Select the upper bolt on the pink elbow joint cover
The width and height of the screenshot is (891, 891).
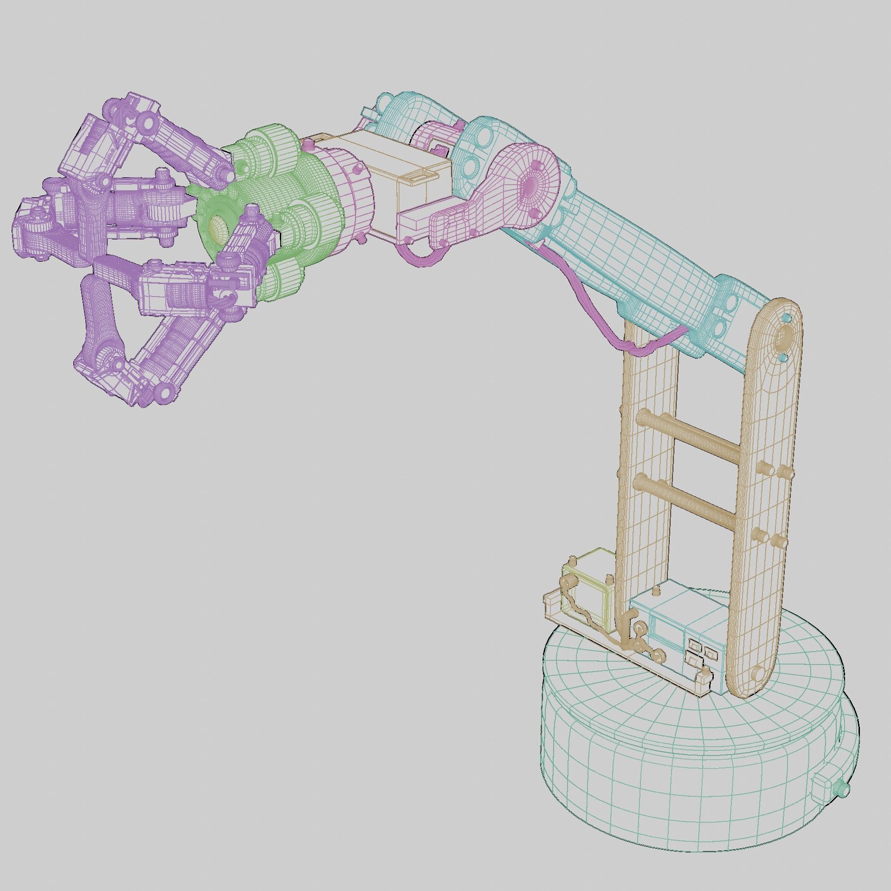(x=538, y=165)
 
